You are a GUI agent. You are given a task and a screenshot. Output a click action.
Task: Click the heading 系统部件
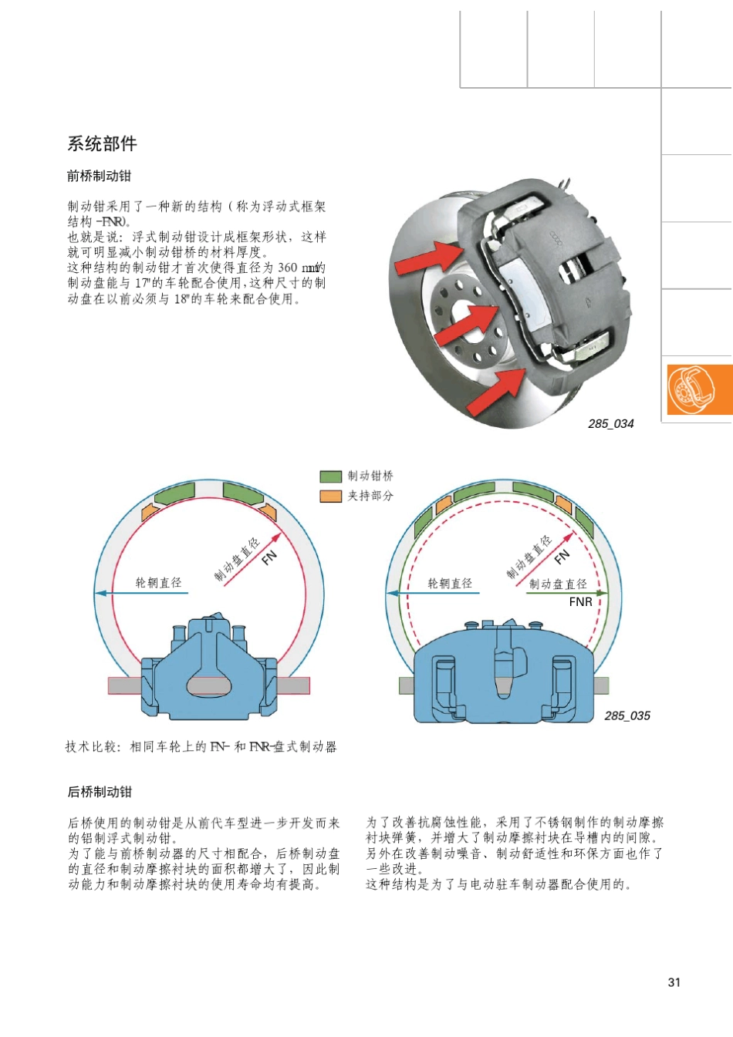click(x=102, y=144)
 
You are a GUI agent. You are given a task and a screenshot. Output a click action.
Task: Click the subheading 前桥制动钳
click(x=99, y=176)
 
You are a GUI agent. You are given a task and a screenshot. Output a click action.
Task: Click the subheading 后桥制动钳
click(x=100, y=792)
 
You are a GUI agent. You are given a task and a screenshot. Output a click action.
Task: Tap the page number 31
click(x=674, y=982)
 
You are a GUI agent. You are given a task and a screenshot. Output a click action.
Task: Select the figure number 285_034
click(x=610, y=423)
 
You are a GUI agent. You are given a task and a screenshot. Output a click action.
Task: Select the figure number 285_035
click(x=627, y=715)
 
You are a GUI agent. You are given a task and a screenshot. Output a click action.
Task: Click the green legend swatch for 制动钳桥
click(x=330, y=476)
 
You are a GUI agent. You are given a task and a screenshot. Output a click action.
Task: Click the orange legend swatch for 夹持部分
click(x=330, y=496)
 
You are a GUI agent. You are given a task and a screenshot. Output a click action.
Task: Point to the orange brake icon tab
click(x=698, y=390)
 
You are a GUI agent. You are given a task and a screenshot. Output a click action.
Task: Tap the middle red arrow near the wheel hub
click(x=467, y=324)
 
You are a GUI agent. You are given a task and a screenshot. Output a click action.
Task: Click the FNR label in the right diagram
click(x=580, y=602)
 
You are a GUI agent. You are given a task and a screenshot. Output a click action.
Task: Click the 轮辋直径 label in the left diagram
click(x=159, y=583)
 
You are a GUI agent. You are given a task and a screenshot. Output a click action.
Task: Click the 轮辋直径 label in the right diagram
click(x=450, y=584)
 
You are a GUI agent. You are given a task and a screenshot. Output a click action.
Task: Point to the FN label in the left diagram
click(x=269, y=557)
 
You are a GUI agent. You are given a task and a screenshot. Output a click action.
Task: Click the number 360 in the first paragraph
click(x=287, y=268)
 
